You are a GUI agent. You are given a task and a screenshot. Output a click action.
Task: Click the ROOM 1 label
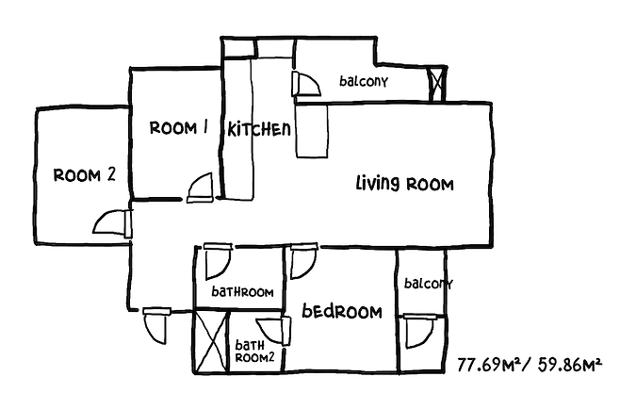[179, 127]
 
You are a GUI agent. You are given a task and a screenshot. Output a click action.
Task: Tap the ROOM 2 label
[84, 175]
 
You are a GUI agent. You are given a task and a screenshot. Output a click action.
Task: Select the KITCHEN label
[259, 129]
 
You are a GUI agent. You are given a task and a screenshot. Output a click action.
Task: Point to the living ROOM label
[404, 184]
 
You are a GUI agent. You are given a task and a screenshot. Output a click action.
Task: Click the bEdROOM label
[342, 311]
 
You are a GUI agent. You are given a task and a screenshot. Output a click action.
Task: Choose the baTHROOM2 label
[254, 352]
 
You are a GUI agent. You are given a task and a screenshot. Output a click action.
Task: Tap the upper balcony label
[364, 81]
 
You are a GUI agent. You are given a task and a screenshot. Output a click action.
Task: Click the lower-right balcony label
[428, 284]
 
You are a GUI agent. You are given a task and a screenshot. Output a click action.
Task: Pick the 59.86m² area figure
[570, 365]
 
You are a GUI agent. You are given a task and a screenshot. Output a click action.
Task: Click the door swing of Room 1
[201, 188]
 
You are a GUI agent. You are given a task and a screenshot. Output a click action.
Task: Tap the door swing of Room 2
[112, 222]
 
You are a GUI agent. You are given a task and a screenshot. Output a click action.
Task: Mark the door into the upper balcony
[305, 84]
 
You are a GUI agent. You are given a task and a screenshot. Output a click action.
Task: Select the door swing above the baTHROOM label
[218, 261]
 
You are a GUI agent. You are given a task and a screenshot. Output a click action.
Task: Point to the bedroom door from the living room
[303, 261]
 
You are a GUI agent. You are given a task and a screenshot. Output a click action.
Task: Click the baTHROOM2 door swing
[275, 331]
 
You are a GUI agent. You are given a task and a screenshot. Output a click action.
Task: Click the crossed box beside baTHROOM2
[211, 341]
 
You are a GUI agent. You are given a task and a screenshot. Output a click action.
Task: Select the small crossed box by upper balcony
[438, 84]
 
